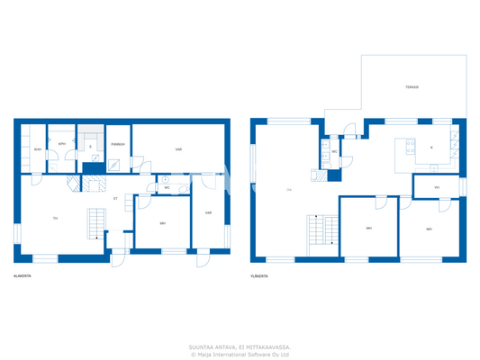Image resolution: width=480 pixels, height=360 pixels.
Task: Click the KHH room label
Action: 37,149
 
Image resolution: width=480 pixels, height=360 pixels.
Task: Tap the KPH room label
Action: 62,144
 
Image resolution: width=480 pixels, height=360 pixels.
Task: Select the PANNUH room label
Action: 118,144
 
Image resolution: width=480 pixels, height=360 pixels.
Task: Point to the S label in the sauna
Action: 90,147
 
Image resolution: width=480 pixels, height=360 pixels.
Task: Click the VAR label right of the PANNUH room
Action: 179,149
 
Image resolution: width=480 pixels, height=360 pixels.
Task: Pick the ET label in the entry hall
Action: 115,198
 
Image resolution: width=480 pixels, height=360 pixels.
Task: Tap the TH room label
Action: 55,219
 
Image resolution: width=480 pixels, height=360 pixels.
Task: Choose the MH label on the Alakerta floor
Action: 162,223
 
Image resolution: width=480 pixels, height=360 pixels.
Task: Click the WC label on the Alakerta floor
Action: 167,188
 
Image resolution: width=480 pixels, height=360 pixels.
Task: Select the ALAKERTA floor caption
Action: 23,275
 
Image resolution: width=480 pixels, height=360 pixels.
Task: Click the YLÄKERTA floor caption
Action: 261,275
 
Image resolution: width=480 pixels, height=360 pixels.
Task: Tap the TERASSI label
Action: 411,87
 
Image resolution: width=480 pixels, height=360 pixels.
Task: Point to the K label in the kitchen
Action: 431,147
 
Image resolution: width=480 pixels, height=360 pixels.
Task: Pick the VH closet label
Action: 436,188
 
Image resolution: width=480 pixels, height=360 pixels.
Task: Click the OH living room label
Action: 288,189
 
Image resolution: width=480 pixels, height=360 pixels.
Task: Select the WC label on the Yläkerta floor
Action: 334,152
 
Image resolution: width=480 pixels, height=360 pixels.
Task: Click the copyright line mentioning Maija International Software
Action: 240,354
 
